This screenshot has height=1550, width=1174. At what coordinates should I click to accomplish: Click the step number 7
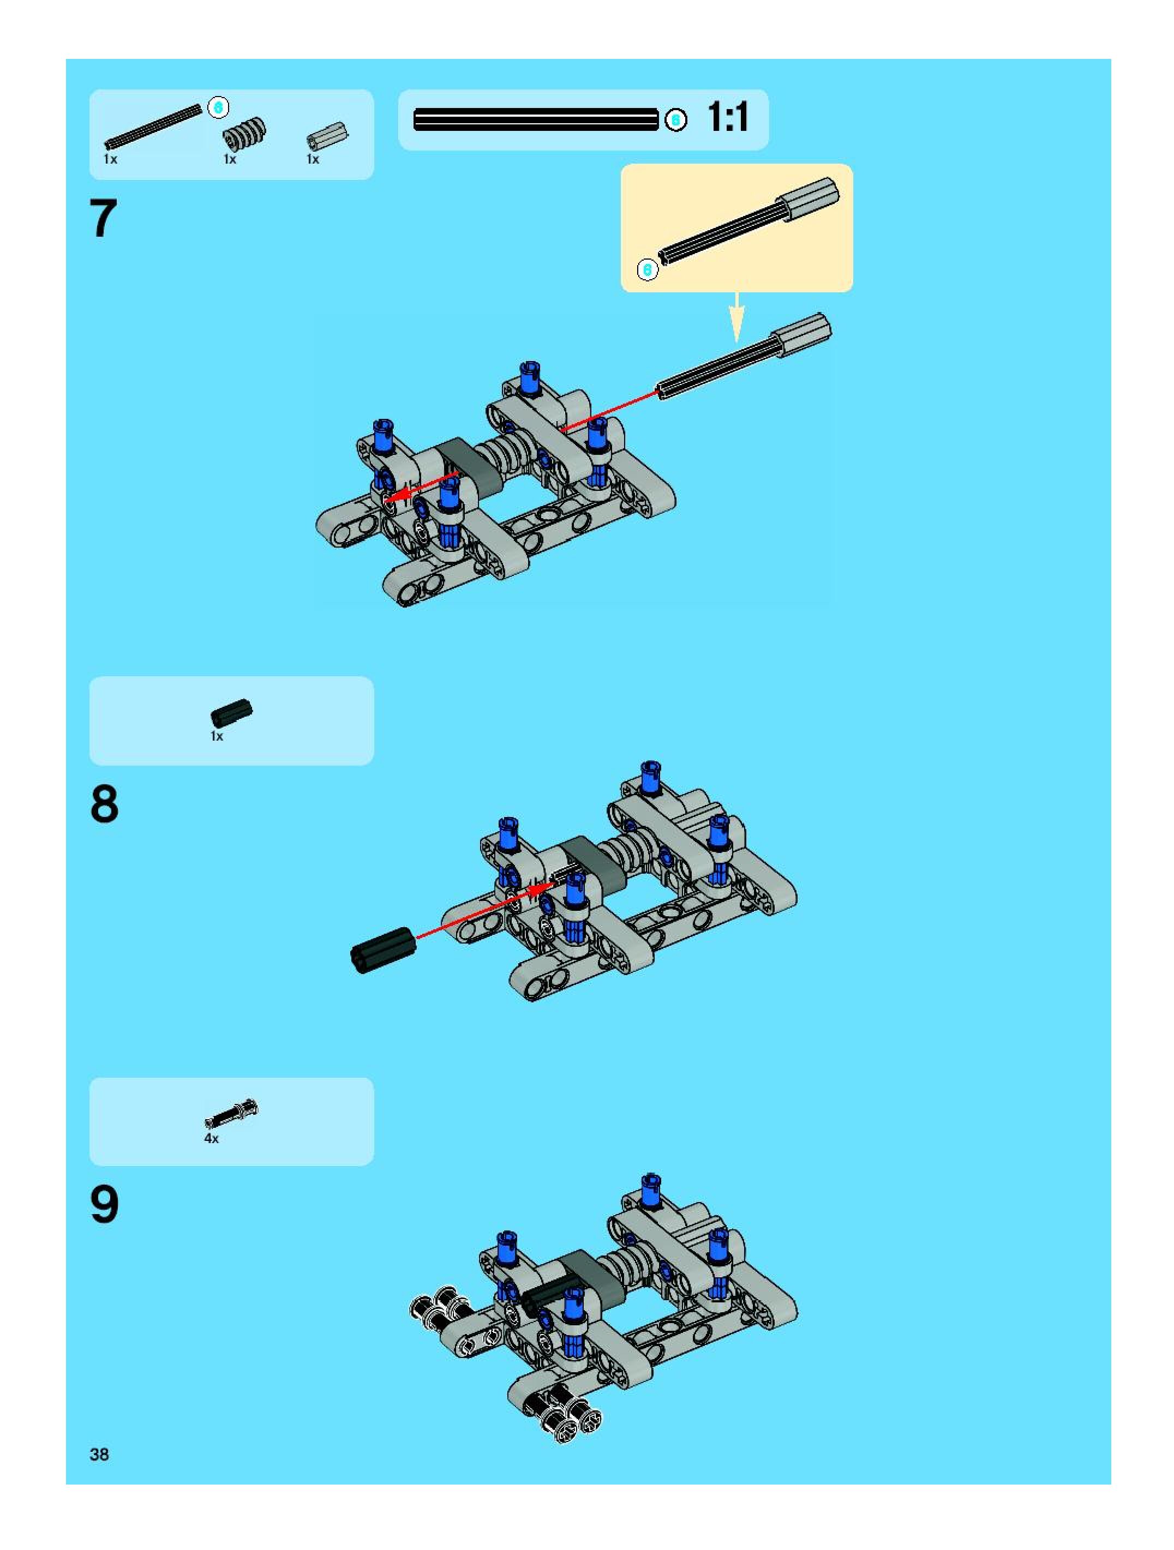click(104, 219)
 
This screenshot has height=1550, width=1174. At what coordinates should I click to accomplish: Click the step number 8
click(104, 804)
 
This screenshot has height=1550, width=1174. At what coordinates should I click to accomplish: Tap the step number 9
click(104, 1205)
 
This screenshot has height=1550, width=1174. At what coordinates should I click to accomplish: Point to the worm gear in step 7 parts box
click(244, 133)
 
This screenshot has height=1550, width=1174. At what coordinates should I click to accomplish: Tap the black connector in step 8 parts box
click(231, 713)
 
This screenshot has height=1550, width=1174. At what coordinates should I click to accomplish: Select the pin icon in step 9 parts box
click(231, 1114)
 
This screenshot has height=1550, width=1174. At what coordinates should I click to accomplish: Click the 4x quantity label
click(211, 1139)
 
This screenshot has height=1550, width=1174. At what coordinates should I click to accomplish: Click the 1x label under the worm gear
click(230, 160)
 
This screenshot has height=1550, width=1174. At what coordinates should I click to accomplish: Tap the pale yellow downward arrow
click(736, 317)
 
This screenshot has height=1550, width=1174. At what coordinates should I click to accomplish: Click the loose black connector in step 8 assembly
click(382, 950)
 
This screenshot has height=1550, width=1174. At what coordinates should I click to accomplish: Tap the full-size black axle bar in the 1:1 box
click(536, 120)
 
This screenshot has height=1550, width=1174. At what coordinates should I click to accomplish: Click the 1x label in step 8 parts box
click(217, 736)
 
